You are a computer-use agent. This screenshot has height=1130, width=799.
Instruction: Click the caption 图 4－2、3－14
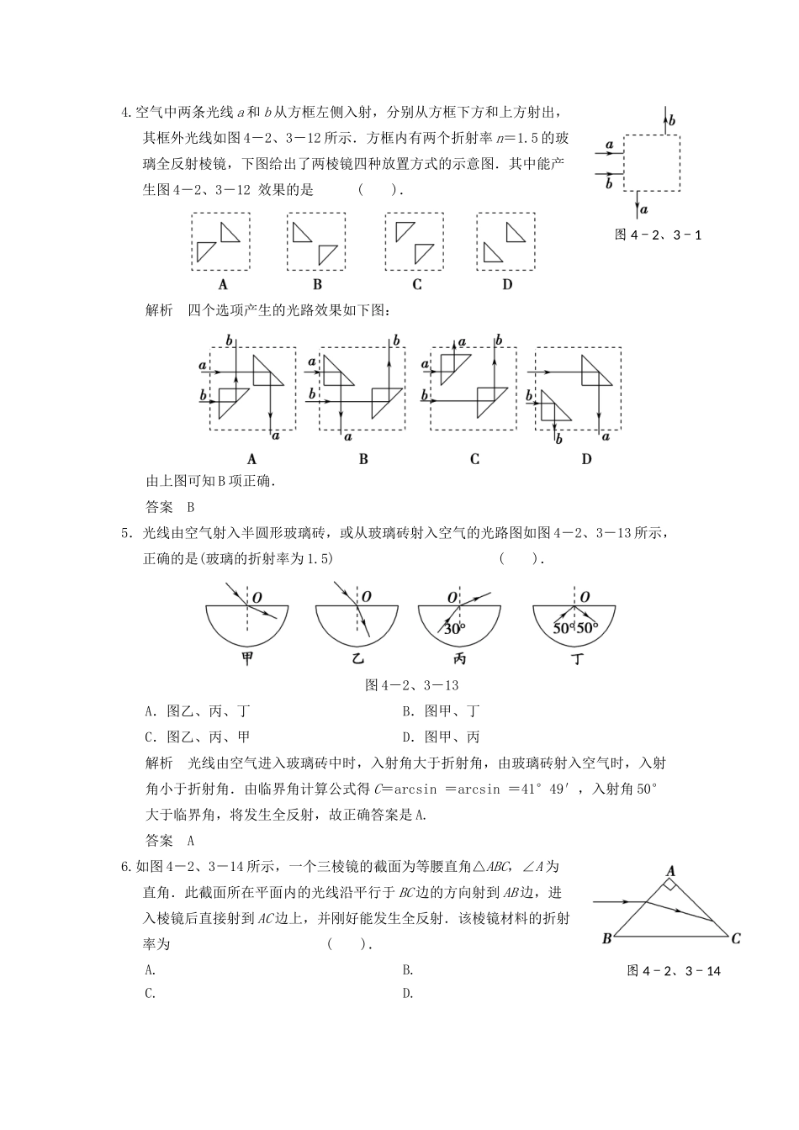click(x=674, y=971)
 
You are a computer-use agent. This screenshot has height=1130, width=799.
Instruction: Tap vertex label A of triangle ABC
click(x=671, y=871)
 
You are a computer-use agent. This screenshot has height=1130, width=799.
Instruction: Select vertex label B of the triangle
click(x=606, y=938)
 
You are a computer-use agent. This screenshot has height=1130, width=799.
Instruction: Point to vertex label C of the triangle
click(x=736, y=938)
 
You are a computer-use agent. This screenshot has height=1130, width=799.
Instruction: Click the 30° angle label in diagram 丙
click(x=454, y=629)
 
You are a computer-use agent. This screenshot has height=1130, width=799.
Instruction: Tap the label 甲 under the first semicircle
click(x=247, y=659)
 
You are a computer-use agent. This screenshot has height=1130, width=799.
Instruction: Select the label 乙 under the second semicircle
click(x=357, y=659)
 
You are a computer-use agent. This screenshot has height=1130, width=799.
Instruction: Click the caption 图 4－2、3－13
click(x=411, y=685)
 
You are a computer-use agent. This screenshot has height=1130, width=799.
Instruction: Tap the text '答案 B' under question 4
click(x=170, y=507)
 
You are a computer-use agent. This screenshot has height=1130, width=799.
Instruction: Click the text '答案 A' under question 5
click(x=170, y=840)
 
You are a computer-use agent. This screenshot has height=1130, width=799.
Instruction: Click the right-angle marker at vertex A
click(x=671, y=884)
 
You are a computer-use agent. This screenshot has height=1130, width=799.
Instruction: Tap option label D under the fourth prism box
click(x=507, y=284)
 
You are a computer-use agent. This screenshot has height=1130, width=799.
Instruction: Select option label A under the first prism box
click(x=223, y=284)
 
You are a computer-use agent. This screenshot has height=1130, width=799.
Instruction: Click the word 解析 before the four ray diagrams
click(x=160, y=311)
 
